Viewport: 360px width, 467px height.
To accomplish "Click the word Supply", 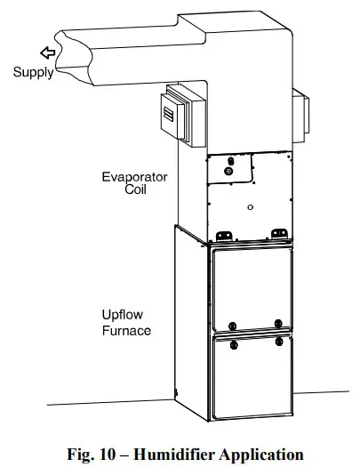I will pyautogui.click(x=33, y=73).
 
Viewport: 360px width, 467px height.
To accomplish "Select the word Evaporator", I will pyautogui.click(x=134, y=176).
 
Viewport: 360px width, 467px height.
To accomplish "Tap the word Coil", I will pyautogui.click(x=134, y=189).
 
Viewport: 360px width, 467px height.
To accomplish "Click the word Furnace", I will pyautogui.click(x=126, y=330).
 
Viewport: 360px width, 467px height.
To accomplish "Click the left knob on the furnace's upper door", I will pyautogui.click(x=232, y=323).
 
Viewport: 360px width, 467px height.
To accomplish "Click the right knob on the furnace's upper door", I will pyautogui.click(x=278, y=323).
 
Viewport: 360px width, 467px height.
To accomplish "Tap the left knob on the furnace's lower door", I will pyautogui.click(x=232, y=342).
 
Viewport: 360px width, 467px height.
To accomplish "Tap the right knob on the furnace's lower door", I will pyautogui.click(x=278, y=342).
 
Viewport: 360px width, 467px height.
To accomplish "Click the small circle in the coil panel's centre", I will pyautogui.click(x=252, y=207).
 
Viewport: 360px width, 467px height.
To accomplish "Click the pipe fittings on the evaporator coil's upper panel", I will pyautogui.click(x=230, y=166).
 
